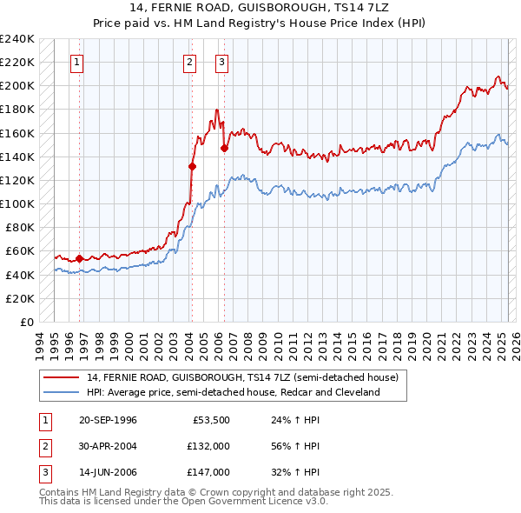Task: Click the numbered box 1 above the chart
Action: click(77, 62)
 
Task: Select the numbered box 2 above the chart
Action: click(190, 62)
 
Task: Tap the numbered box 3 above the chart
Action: click(222, 62)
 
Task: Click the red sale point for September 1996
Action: click(79, 258)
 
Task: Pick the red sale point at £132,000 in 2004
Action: click(192, 166)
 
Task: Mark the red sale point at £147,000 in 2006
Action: click(224, 148)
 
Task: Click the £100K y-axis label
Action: click(18, 204)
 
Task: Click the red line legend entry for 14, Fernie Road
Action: click(242, 377)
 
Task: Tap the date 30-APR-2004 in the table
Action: click(108, 446)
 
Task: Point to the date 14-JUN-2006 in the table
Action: click(108, 472)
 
